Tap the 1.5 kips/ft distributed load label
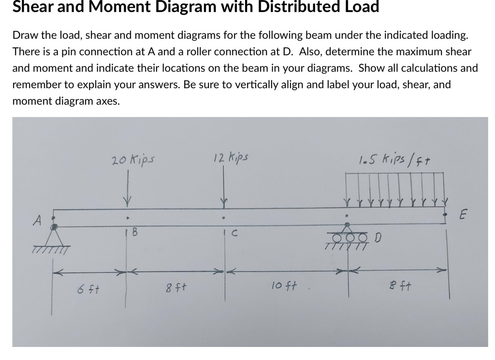pos(390,160)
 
